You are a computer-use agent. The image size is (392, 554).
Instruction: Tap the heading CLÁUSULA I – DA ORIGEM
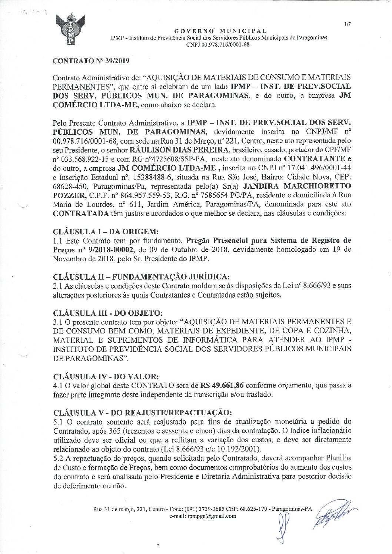106,232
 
